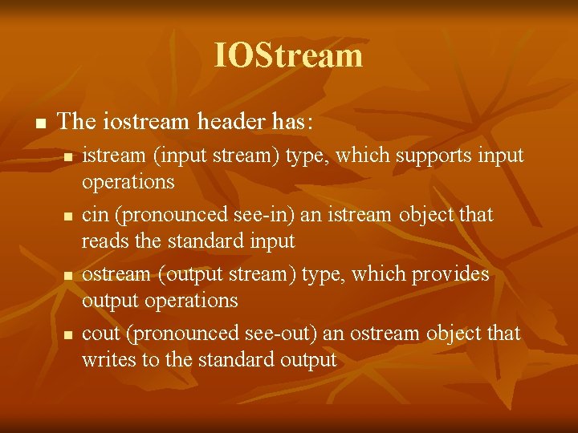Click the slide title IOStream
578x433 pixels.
[288, 55]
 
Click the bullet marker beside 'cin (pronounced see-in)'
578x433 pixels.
[68, 216]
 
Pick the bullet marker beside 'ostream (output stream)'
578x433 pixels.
[68, 276]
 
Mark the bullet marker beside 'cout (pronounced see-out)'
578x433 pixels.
[68, 334]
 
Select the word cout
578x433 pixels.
[100, 333]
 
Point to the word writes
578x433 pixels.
[108, 359]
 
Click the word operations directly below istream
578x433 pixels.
[128, 181]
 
